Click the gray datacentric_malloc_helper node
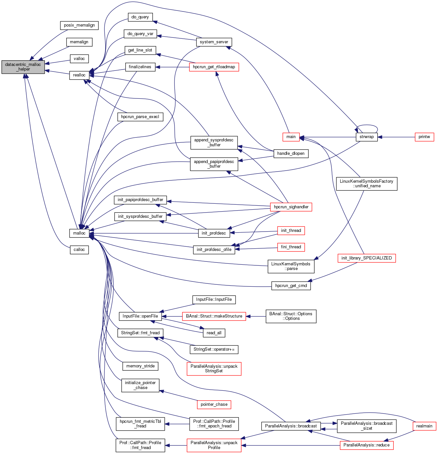[23, 67]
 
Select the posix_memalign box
[79, 25]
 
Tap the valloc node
[79, 59]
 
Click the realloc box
[79, 75]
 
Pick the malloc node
[79, 233]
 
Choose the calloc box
[79, 250]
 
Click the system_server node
[214, 42]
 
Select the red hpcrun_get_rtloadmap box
[214, 67]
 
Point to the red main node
[291, 137]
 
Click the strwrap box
[366, 137]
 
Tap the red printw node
[424, 137]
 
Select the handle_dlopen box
[291, 154]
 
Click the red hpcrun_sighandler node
[291, 207]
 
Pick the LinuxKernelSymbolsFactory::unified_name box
[366, 184]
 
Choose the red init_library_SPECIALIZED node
[366, 258]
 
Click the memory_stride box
[140, 366]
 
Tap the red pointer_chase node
[214, 404]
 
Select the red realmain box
[424, 426]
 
